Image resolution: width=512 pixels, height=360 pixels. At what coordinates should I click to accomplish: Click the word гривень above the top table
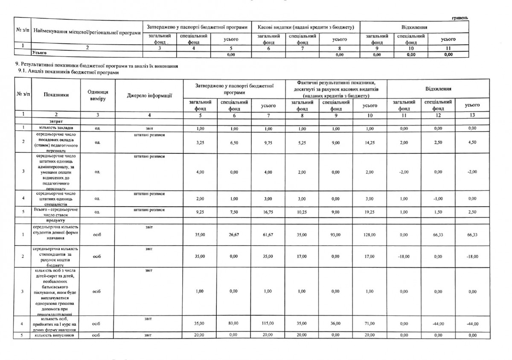tap(460, 18)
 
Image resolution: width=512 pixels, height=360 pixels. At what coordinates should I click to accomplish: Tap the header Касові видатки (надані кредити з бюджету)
tap(306, 27)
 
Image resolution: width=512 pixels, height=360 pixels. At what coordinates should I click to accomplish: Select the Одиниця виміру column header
tap(96, 95)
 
